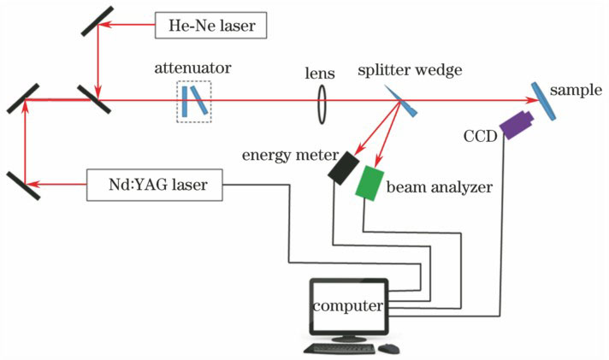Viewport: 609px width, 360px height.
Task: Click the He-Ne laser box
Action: pyautogui.click(x=211, y=26)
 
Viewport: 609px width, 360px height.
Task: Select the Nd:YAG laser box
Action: pyautogui.click(x=154, y=184)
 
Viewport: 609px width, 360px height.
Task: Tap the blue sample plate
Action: pyautogui.click(x=541, y=100)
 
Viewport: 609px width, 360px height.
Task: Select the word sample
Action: pyautogui.click(x=574, y=89)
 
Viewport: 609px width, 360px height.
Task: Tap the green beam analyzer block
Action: pyautogui.click(x=371, y=182)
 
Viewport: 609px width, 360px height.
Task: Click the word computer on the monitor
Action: pyautogui.click(x=346, y=305)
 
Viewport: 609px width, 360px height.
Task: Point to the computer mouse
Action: pyautogui.click(x=390, y=348)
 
